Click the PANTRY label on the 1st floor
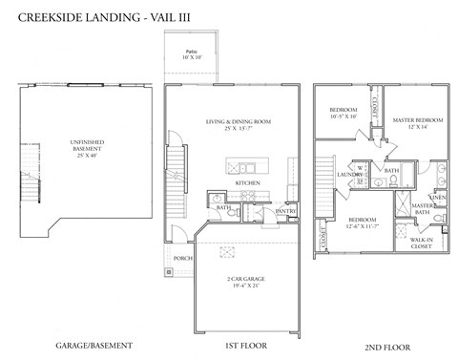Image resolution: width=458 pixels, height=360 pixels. pyautogui.click(x=286, y=211)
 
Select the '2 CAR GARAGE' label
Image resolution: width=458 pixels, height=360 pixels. pyautogui.click(x=243, y=281)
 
